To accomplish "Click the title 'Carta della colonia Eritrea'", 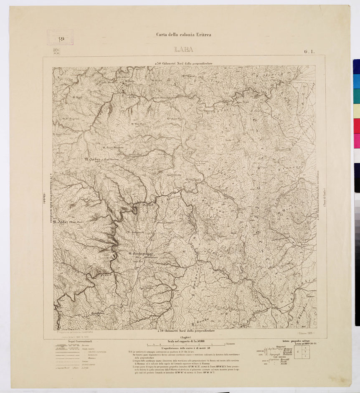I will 183,35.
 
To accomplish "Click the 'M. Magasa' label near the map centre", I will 193,180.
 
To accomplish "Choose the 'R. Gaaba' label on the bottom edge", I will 200,322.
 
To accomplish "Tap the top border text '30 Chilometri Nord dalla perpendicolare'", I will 184,63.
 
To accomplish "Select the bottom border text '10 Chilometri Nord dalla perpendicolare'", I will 185,331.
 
